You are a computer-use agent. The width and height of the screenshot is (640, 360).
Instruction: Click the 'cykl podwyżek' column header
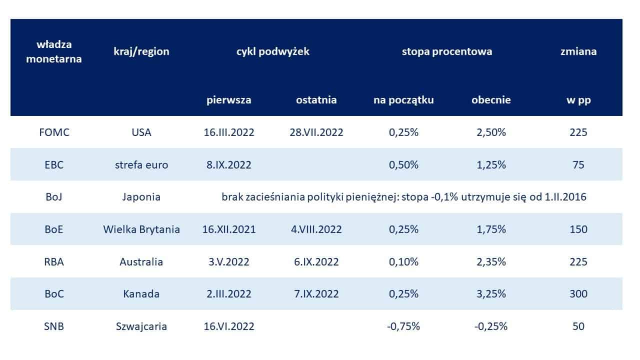point(272,51)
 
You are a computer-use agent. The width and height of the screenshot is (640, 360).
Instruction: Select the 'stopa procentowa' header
point(447,51)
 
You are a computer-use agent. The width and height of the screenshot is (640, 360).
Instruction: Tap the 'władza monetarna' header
point(54,51)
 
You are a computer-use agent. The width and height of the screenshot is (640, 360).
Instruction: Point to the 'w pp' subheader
point(578,100)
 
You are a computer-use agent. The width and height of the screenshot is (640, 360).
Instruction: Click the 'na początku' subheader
point(403,100)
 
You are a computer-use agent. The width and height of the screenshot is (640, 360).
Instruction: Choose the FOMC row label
point(54,132)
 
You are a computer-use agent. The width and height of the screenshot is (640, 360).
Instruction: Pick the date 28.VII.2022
point(316,132)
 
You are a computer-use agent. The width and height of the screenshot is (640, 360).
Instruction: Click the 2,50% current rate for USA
point(491,132)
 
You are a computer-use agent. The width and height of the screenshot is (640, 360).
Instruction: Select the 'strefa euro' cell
point(141,164)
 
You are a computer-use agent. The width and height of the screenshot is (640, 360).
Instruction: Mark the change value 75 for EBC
point(578,164)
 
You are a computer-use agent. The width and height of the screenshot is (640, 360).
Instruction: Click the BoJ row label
point(54,197)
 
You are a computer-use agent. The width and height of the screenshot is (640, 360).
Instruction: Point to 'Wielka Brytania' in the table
point(141,229)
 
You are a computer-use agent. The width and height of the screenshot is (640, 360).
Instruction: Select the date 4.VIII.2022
point(316,229)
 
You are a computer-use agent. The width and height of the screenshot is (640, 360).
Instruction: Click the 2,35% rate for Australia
point(491,261)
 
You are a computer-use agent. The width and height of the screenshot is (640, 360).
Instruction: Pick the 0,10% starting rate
point(403,261)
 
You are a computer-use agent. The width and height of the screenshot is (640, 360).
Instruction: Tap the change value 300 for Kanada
point(578,294)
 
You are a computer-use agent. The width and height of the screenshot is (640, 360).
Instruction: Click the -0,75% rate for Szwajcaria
point(403,326)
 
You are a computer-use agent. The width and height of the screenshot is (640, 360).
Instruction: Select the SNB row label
point(54,326)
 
